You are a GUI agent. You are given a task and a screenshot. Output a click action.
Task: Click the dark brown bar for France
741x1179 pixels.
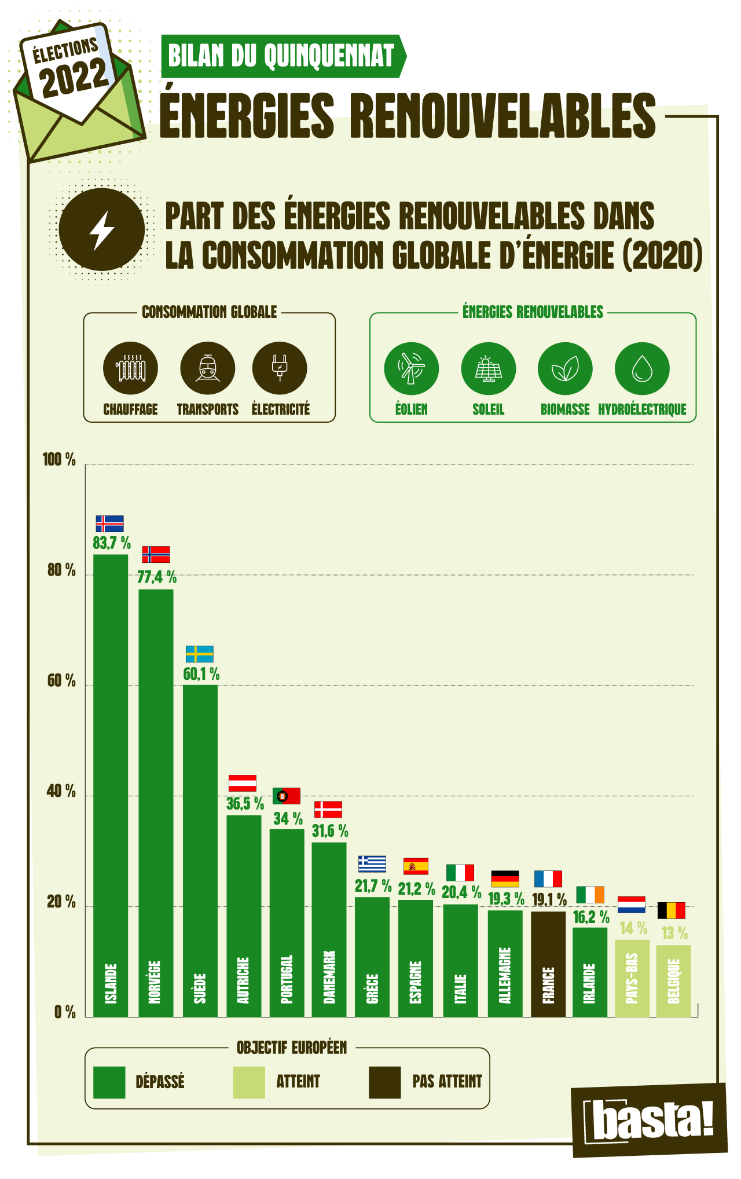coord(548,964)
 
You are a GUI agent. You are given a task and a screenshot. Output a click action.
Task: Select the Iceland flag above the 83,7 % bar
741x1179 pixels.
coord(109,523)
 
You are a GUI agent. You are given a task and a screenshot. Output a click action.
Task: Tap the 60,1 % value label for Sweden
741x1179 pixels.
coord(201,674)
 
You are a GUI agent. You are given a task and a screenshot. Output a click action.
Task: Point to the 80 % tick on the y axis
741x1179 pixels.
coord(61,570)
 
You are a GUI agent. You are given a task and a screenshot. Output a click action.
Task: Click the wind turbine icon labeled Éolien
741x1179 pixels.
coord(411,369)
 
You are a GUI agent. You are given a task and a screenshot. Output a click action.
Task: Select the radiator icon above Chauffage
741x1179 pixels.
coord(130,369)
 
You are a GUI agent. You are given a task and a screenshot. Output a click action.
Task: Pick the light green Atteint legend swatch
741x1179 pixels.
coord(249,1082)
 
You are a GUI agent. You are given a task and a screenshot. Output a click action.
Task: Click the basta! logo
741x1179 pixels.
coord(650,1121)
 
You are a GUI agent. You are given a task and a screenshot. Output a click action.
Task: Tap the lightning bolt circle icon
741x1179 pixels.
coord(102,230)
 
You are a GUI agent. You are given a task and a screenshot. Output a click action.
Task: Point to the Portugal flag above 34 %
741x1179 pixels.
coord(286,796)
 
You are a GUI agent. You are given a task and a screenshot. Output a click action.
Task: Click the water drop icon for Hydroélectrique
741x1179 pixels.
coord(641,369)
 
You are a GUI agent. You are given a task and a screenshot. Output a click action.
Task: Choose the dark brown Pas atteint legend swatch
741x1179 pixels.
coord(384,1082)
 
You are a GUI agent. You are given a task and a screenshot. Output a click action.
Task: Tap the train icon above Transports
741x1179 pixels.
coord(207,369)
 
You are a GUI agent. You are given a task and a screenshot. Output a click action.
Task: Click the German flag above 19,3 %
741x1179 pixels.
coord(505,878)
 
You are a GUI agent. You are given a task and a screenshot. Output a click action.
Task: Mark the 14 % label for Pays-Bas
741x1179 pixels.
coord(633,928)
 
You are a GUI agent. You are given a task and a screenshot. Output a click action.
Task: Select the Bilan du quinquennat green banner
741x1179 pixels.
coord(282,56)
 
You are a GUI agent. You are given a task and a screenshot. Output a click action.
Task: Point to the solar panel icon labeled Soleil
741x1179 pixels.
coord(488,369)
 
